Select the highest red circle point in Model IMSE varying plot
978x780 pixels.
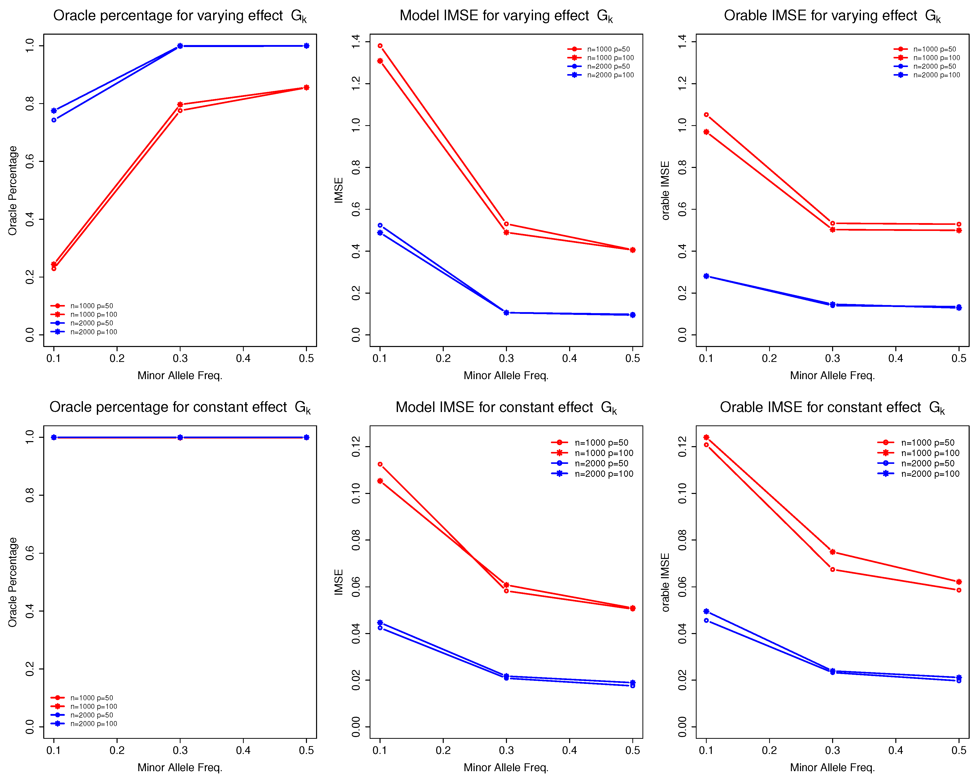pos(380,46)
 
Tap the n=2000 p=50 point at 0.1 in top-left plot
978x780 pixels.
pos(54,120)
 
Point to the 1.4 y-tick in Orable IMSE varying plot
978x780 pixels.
pos(682,42)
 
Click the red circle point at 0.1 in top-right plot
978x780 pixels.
pos(706,115)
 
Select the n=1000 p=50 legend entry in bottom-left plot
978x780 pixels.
pos(91,698)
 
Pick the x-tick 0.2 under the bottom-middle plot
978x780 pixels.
pos(443,750)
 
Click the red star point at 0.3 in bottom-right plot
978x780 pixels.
pos(832,552)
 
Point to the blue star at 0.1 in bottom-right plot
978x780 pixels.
pos(706,612)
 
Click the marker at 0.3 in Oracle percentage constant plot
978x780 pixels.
pos(180,437)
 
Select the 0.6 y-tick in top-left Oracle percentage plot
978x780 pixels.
pos(30,162)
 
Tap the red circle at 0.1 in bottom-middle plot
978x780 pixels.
pos(380,464)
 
